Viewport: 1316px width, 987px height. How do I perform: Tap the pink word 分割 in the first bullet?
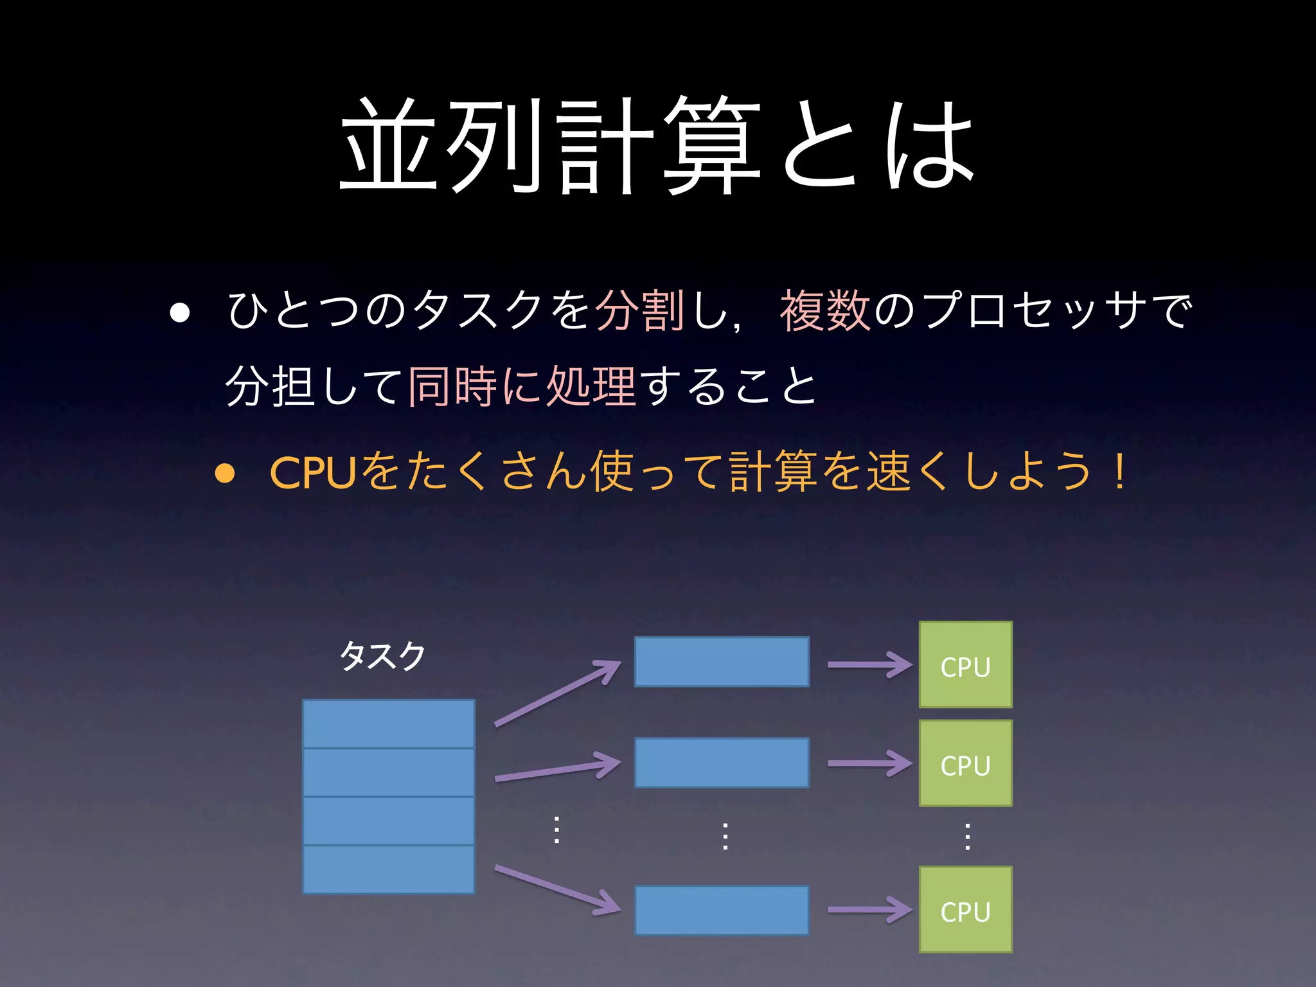point(639,310)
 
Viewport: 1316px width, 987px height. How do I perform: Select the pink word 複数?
point(825,310)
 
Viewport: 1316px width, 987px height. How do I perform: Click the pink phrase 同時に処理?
point(522,387)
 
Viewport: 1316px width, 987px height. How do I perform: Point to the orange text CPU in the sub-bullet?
point(313,473)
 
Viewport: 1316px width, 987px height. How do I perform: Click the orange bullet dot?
point(224,474)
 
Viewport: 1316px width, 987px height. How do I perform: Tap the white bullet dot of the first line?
point(180,312)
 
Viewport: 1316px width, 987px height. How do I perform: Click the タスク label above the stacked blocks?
point(382,655)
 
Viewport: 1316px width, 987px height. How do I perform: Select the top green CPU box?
point(965,664)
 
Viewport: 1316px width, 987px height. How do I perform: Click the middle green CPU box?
point(965,763)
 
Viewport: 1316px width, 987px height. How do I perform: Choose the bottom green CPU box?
point(965,909)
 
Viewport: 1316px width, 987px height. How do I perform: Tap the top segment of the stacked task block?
point(389,724)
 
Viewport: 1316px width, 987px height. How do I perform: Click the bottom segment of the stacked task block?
point(389,869)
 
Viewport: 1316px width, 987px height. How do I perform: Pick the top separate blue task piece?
point(722,662)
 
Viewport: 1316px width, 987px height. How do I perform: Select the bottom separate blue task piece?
point(722,910)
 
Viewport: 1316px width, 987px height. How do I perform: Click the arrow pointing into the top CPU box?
point(869,664)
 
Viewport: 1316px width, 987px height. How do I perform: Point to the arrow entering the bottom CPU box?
point(869,909)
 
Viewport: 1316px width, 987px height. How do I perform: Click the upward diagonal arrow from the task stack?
point(557,694)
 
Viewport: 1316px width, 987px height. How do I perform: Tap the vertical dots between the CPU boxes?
point(967,837)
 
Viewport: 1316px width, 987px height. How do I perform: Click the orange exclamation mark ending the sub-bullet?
point(1120,472)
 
